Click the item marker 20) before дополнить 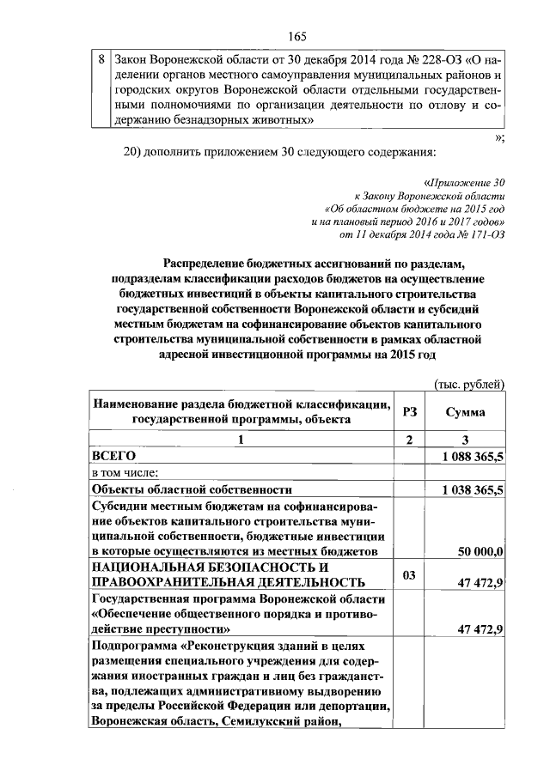click(x=139, y=152)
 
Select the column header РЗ click(x=410, y=411)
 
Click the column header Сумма click(x=464, y=411)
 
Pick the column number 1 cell click(x=241, y=440)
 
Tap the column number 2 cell click(x=410, y=440)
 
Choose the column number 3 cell click(x=464, y=440)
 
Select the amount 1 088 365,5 click(x=473, y=457)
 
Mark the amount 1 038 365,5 click(x=473, y=489)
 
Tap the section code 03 click(x=410, y=573)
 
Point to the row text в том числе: click(x=131, y=472)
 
